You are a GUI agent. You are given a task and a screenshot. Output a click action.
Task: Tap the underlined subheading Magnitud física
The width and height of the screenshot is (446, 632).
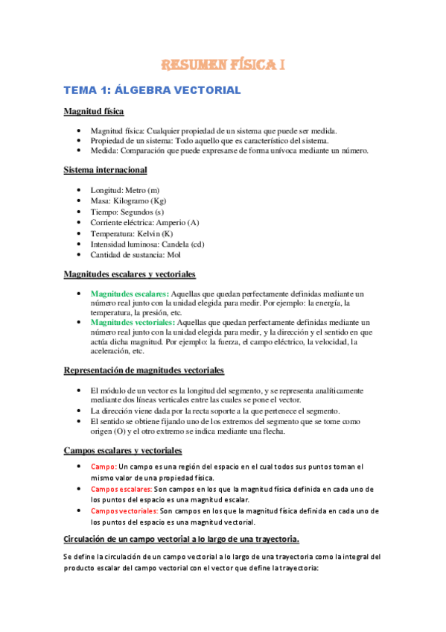(93, 112)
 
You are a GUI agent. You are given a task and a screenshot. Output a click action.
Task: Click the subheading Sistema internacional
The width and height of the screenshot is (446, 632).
(105, 170)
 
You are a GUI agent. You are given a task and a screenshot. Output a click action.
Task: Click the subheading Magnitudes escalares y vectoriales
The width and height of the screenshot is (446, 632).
(130, 274)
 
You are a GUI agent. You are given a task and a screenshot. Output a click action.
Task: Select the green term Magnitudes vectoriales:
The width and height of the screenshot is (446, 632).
(133, 323)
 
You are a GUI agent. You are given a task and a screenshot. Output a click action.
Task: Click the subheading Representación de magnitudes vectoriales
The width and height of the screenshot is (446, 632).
(144, 370)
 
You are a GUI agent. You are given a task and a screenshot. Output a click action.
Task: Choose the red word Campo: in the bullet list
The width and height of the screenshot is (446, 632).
(103, 467)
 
